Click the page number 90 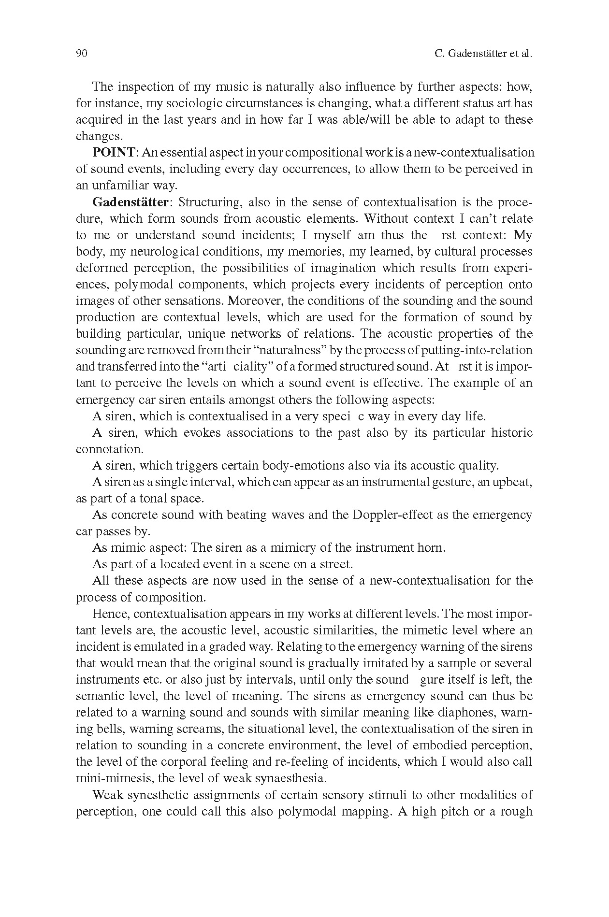81,54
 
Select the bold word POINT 114,153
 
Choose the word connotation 109,449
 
